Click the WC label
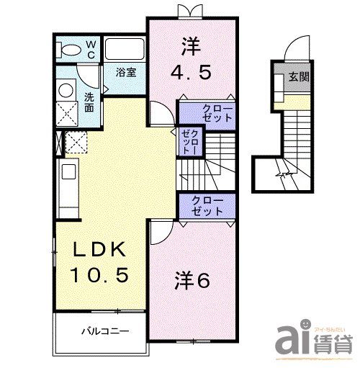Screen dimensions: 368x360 coord(91,49)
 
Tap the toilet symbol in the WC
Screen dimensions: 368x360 coord(70,50)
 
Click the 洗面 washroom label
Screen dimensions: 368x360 coord(89,102)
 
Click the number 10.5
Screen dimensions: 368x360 coord(100,274)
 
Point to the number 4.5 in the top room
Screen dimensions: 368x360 coord(190,73)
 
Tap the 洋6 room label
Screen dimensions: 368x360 coord(191,280)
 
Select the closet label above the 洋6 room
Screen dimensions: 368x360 coord(207,205)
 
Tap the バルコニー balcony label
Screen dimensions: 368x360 coord(104,332)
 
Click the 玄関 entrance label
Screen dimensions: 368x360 coord(299,77)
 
